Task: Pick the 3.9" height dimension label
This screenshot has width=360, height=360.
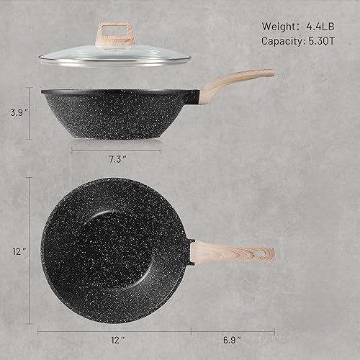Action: pos(15,113)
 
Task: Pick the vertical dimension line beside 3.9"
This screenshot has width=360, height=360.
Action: pos(30,113)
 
